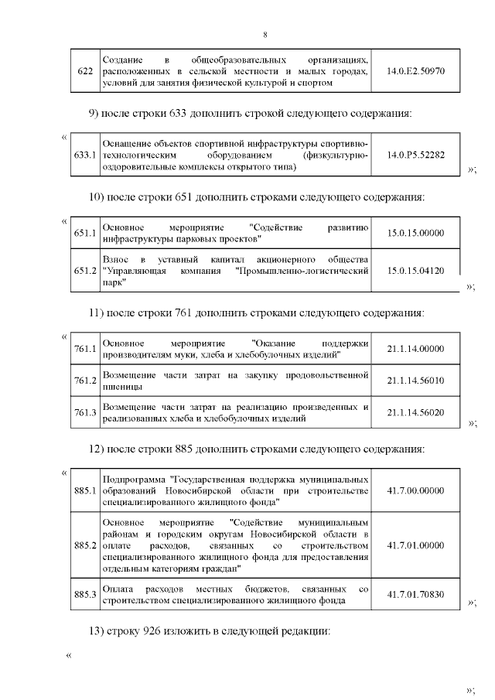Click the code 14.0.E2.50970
point(415,70)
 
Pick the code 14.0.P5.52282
point(415,155)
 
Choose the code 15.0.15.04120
point(415,271)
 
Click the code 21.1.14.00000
point(415,349)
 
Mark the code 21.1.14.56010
point(415,381)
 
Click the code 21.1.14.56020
point(415,413)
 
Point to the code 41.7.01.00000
point(415,545)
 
